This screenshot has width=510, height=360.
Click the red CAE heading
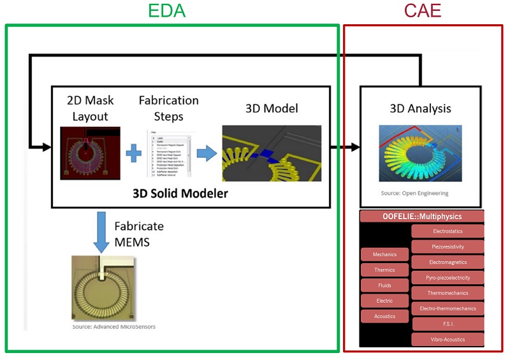point(423,11)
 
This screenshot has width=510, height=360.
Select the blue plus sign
point(133,154)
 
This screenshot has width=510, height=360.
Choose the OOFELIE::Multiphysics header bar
point(422,217)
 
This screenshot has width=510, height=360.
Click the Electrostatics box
point(447,231)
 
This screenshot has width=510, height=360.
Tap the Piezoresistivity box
point(447,247)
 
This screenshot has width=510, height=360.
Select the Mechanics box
point(384,255)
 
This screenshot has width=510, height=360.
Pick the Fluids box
point(384,285)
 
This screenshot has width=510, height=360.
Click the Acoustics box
point(384,316)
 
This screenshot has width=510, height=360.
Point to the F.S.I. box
point(447,324)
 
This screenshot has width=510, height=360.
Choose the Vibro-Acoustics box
point(447,340)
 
